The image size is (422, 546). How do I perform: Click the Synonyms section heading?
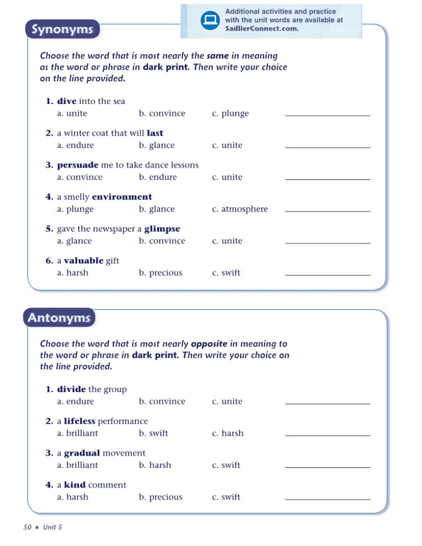point(62,30)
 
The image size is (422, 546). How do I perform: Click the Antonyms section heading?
point(59,318)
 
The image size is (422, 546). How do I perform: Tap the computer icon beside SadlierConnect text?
point(210,21)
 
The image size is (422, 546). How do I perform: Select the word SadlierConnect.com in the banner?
point(262,28)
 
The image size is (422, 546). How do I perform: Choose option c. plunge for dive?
point(231,113)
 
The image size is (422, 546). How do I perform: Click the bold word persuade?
point(78,165)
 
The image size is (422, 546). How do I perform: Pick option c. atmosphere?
point(240,209)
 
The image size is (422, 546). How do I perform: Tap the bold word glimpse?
point(162,229)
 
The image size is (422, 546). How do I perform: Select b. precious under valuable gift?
point(160,273)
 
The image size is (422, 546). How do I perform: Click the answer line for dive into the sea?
point(327,115)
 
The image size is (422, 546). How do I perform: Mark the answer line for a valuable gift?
point(327,274)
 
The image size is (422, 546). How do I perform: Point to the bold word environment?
point(122,197)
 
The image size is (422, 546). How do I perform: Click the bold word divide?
point(71,389)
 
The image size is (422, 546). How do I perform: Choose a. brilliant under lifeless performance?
point(78,433)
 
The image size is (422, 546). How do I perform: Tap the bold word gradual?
point(82,453)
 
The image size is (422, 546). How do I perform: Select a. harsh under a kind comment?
point(73,497)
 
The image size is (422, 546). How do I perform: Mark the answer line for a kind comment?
point(327,499)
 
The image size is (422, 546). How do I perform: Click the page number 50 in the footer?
point(28,527)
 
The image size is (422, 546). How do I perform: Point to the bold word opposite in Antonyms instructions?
point(208,344)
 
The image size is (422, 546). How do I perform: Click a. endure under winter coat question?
point(75,145)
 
